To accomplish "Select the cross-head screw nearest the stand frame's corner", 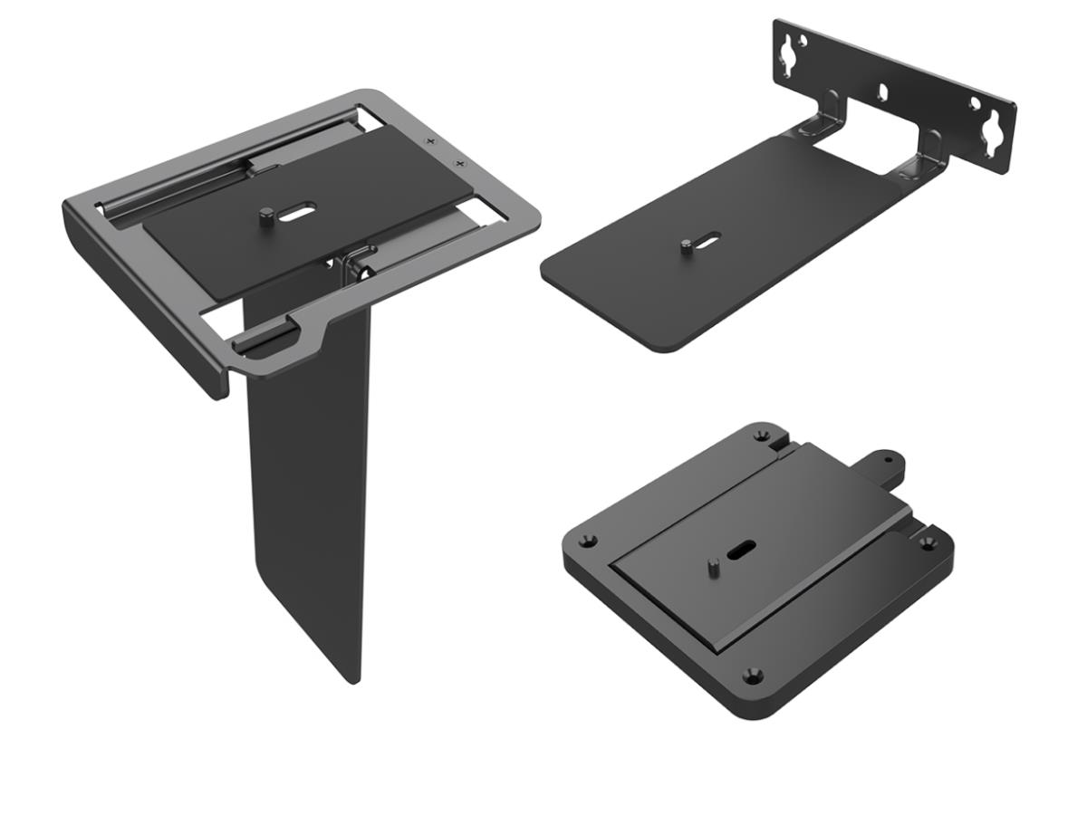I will [x=460, y=163].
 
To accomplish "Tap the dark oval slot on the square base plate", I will [x=742, y=549].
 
